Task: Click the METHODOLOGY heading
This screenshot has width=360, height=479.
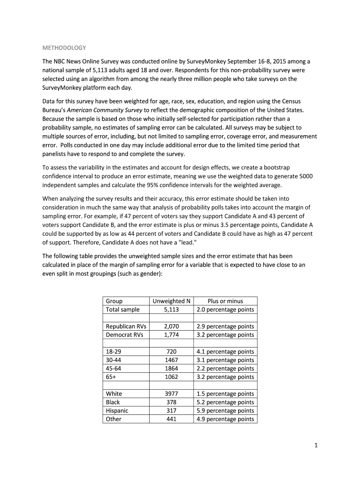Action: point(64,48)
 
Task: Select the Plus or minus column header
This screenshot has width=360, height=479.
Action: point(225,301)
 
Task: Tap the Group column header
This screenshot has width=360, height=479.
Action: point(114,301)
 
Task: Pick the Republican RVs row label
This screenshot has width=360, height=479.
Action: point(124,327)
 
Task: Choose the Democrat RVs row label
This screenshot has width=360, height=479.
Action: point(122,335)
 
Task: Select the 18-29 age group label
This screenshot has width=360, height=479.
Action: point(114,352)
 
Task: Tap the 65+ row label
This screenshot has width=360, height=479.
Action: point(111,377)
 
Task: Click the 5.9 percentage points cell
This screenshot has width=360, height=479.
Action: point(225,411)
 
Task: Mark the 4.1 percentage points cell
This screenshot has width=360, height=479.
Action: point(225,352)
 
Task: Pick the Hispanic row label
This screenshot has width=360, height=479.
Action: point(117,411)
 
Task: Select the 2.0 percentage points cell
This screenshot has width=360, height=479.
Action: point(225,310)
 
